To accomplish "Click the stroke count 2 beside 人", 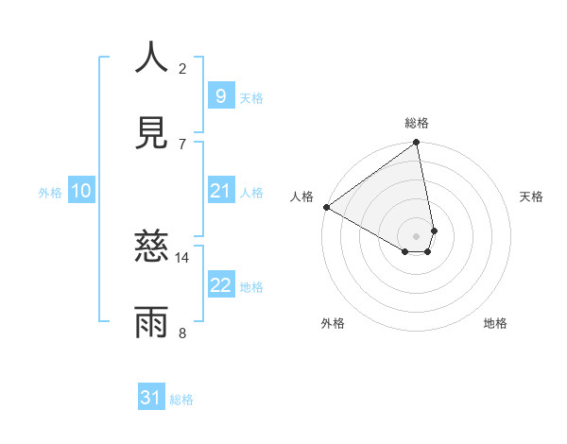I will [182, 68].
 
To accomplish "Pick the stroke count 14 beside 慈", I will [182, 257].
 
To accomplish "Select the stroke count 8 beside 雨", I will [182, 333].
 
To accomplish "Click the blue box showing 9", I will [220, 95].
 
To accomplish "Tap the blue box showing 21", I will [220, 191].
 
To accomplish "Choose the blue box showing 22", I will [220, 285].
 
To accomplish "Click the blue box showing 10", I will [80, 191].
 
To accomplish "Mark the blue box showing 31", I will [150, 399].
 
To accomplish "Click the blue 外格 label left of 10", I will [50, 192].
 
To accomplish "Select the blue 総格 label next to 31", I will [181, 400].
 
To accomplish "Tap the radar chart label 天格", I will [531, 196].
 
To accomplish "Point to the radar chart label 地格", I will [495, 323].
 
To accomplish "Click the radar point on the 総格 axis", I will [416, 144].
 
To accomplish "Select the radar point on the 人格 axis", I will [326, 207].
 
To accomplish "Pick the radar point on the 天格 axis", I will [434, 231].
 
